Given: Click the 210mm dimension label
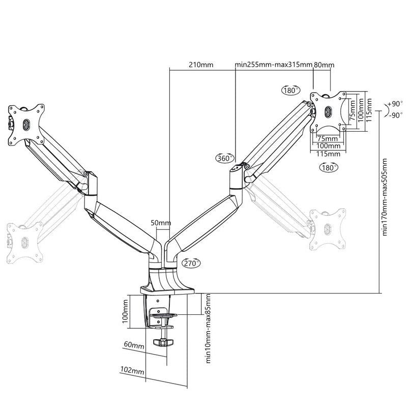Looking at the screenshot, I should (x=201, y=65).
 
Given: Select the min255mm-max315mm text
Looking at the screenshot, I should (x=274, y=65).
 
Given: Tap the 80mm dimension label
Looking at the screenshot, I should (x=324, y=65).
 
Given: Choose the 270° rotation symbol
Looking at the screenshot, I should (x=191, y=263).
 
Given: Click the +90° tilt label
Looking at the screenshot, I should (x=394, y=104).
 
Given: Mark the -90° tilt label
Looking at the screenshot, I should (x=394, y=115).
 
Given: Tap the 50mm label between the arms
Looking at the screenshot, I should (x=161, y=223).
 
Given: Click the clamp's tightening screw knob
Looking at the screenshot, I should (x=162, y=342).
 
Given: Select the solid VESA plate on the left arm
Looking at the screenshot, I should (x=25, y=123).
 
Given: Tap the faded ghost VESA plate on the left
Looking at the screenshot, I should (x=23, y=242).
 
